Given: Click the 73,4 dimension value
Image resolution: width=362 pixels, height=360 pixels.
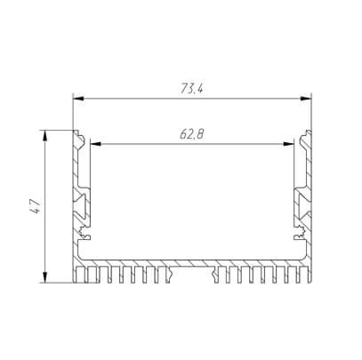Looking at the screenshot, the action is pos(192,88).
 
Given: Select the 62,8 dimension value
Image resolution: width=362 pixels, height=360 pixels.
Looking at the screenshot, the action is pos(192,134).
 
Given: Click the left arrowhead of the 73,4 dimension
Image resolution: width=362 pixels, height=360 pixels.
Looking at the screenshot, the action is pos(77,99).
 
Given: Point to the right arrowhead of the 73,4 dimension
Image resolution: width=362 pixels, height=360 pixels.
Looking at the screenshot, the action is pos(306,99).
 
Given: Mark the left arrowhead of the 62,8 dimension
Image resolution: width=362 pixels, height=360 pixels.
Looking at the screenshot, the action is pos(94,144).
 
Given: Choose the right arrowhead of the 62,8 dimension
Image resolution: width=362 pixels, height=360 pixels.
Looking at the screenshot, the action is pos(289,144).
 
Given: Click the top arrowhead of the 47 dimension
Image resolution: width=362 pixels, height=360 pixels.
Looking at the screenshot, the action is pos(45,135).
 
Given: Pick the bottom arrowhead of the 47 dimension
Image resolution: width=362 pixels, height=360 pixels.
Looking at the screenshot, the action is pos(45,277).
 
